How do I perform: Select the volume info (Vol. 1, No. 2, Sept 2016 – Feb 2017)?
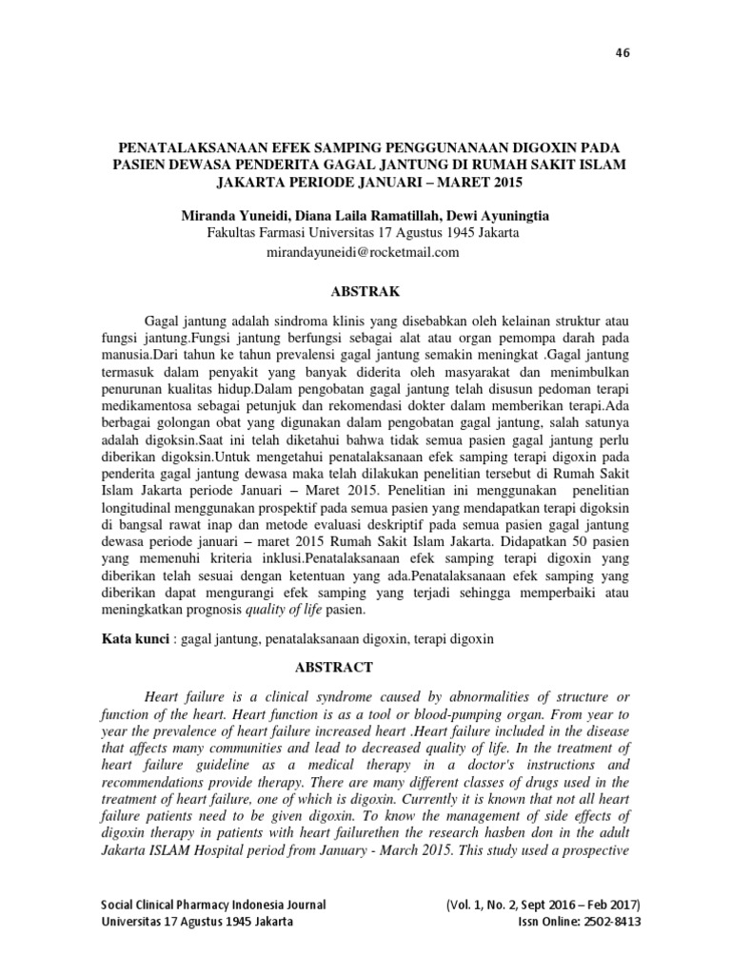click(x=543, y=904)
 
